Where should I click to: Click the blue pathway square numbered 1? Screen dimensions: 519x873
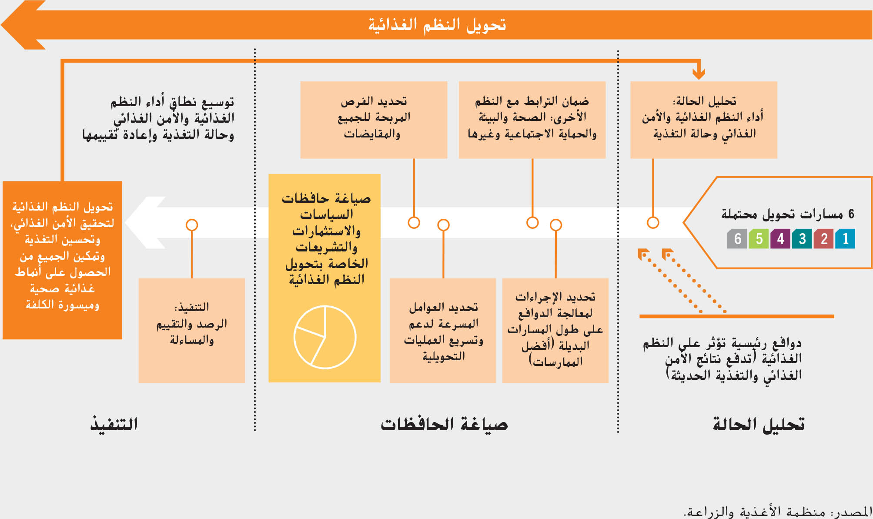tap(845, 239)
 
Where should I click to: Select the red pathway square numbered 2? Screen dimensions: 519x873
tap(823, 239)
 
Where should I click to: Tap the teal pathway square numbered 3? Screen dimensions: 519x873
tap(802, 239)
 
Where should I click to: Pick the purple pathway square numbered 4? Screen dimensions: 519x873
tap(780, 239)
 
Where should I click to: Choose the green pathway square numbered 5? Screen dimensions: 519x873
tap(759, 239)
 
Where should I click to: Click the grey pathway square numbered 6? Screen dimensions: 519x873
tap(737, 239)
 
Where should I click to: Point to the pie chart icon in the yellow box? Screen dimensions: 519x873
tap(325, 337)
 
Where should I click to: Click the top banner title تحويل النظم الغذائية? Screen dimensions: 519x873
tap(437, 25)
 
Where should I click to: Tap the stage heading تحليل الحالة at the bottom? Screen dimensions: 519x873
tap(758, 424)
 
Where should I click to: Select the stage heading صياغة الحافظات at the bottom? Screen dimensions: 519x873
tap(444, 424)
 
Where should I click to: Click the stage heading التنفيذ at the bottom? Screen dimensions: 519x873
tap(114, 424)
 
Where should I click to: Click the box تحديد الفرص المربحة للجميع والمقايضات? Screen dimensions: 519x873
tap(374, 120)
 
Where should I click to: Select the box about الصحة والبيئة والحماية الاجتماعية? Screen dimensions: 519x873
tap(532, 120)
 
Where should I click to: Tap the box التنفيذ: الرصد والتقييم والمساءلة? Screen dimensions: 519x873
tap(192, 330)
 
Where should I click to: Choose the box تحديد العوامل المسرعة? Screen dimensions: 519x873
tap(443, 330)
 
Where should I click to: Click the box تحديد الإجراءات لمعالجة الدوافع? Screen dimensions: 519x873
tap(555, 330)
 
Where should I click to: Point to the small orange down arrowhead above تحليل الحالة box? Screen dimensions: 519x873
tap(699, 72)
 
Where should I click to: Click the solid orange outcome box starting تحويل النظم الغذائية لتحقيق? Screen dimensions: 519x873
tap(63, 260)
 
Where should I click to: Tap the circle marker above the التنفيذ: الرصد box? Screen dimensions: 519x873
tap(192, 225)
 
